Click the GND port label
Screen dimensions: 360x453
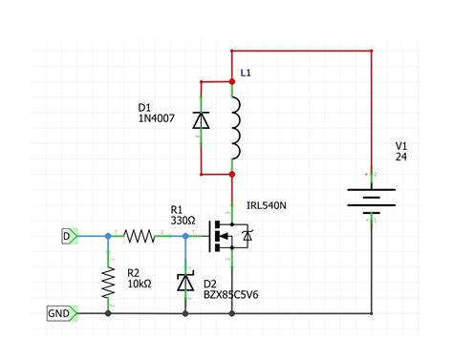(58, 312)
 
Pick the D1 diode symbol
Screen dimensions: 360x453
(201, 121)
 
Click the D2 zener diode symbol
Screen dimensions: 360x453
(184, 283)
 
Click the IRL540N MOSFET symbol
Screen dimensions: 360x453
(229, 235)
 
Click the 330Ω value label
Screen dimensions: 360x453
(183, 220)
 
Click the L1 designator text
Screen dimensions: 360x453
(247, 73)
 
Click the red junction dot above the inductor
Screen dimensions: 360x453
(233, 82)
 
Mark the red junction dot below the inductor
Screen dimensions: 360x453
(233, 175)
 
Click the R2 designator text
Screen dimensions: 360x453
(133, 272)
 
